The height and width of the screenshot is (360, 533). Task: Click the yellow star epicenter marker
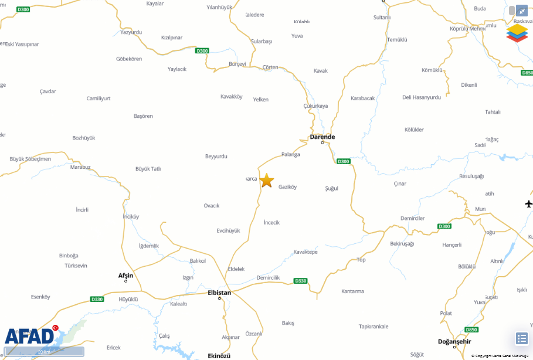267,180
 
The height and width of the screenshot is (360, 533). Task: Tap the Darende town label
322,137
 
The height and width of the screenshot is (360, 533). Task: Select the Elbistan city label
219,293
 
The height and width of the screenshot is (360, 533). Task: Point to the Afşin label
125,276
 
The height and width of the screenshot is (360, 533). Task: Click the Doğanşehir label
454,341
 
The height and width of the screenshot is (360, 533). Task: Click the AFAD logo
29,336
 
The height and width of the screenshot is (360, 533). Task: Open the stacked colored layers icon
517,32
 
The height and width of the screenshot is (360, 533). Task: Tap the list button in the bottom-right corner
521,338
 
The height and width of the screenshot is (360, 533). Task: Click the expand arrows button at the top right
521,11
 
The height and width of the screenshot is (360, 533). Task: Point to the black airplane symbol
529,203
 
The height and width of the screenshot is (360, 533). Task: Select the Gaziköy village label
287,187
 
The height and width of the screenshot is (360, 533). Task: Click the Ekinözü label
219,356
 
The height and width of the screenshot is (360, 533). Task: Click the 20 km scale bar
44,352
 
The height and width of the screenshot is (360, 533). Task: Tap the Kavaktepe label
305,252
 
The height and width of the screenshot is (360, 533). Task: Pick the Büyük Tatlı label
148,169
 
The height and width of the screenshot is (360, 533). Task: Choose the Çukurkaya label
315,106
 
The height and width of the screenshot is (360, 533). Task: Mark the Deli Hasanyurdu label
421,97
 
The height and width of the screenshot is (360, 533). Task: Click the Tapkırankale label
374,327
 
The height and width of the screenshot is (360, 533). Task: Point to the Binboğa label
69,256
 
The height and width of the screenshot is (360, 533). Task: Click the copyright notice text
501,356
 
